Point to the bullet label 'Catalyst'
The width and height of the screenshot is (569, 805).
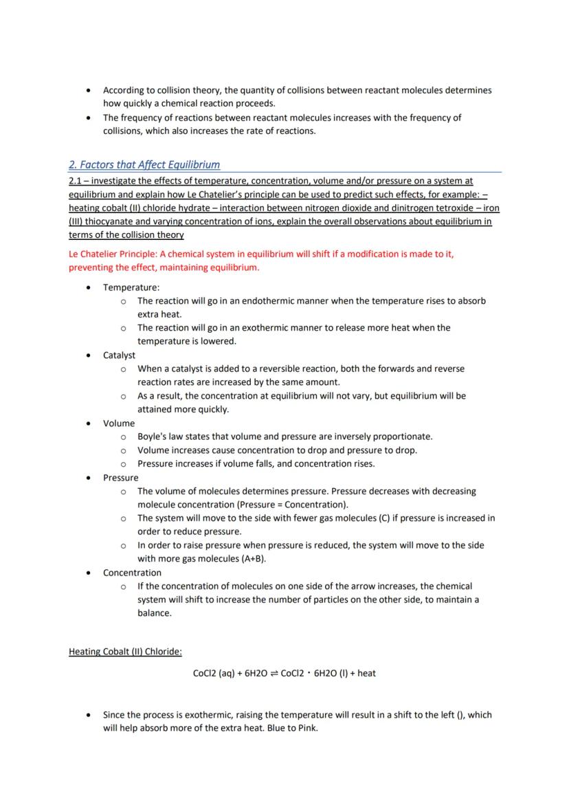click(x=119, y=355)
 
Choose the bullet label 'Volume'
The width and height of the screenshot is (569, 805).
click(x=119, y=423)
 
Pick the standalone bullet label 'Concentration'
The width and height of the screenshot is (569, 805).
click(x=132, y=573)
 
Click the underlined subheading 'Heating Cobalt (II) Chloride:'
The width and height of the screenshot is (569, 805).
click(x=125, y=651)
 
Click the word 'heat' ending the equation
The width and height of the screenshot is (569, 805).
click(x=366, y=674)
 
